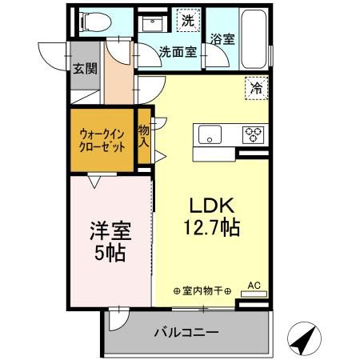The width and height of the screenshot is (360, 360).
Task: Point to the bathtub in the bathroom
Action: point(258,37)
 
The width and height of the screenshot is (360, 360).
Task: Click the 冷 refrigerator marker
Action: point(257,89)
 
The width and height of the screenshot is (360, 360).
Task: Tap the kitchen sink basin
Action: point(210,134)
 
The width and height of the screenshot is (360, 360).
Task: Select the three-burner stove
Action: point(254,134)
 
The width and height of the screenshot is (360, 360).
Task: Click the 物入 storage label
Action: point(143,136)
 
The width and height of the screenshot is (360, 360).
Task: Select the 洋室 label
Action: point(110,234)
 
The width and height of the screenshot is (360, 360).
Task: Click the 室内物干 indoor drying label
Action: point(202,290)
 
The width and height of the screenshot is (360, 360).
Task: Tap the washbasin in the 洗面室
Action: point(152,26)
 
